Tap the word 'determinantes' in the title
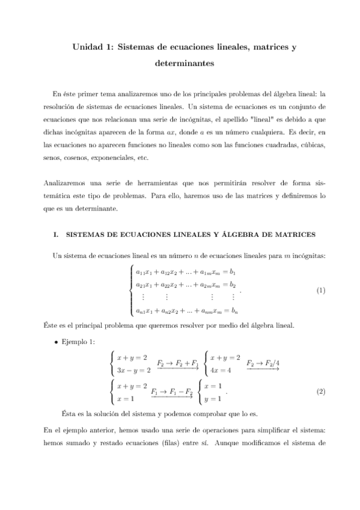(180, 61)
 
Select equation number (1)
(321, 291)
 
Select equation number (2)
(321, 392)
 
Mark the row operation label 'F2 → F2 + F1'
(178, 363)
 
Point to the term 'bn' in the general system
(236, 312)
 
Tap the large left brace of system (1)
(131, 291)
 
